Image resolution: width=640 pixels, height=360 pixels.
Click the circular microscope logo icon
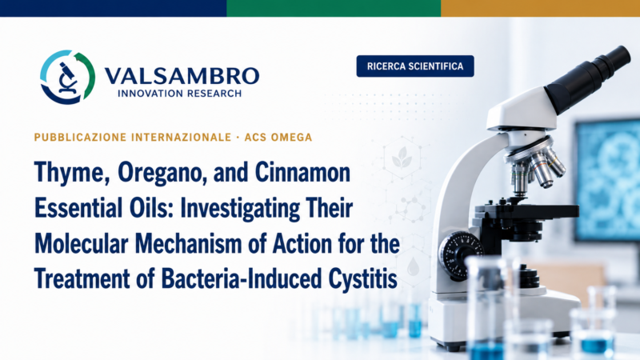[x=68, y=77]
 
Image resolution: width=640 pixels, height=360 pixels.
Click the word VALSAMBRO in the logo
[x=182, y=76]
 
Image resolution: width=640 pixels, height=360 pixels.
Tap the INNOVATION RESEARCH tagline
[x=179, y=94]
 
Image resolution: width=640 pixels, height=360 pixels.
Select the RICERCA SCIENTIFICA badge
[x=415, y=66]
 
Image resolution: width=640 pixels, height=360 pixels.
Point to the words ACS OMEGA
[x=278, y=137]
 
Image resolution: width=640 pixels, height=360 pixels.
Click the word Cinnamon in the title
[x=302, y=172]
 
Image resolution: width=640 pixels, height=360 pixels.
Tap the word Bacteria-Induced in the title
[x=242, y=278]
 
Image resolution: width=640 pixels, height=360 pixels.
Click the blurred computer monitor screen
[x=608, y=179]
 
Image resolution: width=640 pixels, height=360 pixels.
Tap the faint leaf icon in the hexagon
[x=402, y=158]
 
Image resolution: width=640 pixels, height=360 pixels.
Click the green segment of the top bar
[x=334, y=8]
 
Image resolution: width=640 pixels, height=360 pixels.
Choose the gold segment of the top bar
[x=541, y=8]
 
